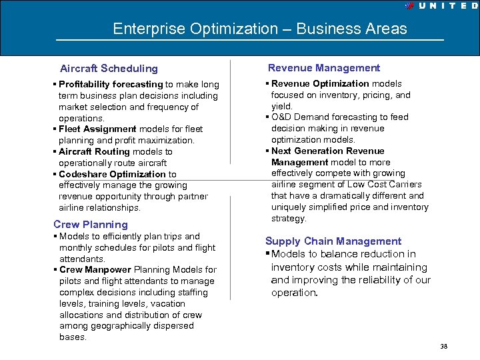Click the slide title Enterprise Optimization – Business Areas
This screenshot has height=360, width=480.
click(259, 29)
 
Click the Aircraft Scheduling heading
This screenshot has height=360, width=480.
click(109, 68)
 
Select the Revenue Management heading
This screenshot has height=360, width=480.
click(324, 67)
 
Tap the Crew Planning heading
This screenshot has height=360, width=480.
click(91, 225)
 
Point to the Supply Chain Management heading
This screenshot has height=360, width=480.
click(333, 241)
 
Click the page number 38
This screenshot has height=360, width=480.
click(444, 347)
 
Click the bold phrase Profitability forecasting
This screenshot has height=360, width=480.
click(111, 85)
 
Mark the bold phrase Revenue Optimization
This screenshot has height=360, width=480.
click(320, 84)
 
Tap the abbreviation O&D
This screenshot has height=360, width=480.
click(282, 117)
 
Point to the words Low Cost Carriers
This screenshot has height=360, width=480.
click(390, 185)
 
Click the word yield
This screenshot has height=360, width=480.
click(281, 106)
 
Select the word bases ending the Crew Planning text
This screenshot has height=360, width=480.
click(73, 337)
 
